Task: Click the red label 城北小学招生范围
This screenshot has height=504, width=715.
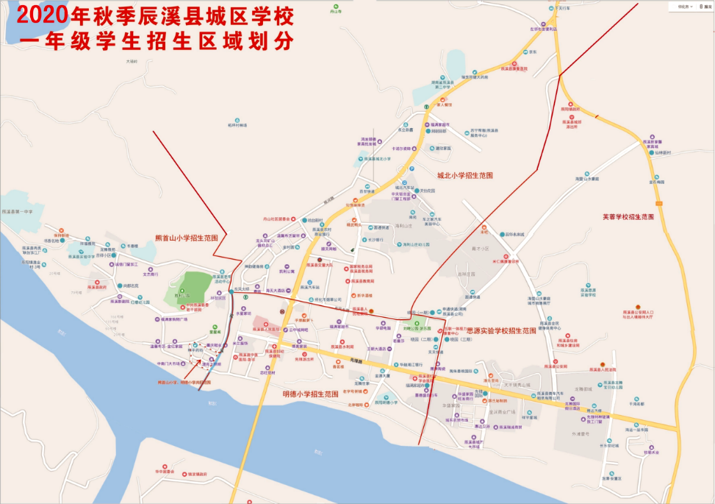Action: [464, 175]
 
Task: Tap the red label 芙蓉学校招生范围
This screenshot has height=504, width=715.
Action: [628, 217]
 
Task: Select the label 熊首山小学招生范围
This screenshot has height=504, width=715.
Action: [187, 238]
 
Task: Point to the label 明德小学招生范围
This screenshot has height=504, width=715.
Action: [310, 394]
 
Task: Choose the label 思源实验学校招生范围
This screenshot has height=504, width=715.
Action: [501, 331]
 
